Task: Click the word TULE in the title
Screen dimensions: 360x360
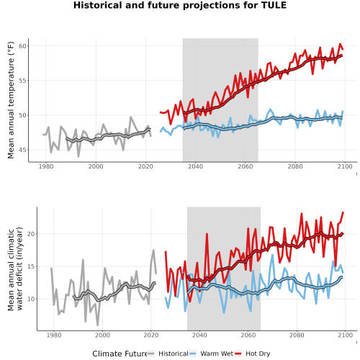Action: (274, 5)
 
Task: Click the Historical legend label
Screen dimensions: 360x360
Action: (174, 354)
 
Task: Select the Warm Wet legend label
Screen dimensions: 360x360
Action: (217, 354)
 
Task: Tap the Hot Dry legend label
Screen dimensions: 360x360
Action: (258, 354)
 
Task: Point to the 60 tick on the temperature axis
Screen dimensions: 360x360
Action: (22, 46)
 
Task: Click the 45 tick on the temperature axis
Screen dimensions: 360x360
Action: (22, 150)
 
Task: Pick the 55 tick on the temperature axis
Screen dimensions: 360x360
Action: (22, 81)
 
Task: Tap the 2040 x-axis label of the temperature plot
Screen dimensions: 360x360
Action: (195, 166)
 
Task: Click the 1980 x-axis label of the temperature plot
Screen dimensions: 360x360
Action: (46, 166)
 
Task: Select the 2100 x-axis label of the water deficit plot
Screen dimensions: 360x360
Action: (345, 335)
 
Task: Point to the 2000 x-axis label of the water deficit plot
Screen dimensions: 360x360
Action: (102, 335)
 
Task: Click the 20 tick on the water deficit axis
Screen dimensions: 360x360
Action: (31, 234)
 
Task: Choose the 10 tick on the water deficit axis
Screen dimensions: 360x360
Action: (31, 299)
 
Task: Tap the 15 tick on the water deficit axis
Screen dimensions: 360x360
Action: (31, 266)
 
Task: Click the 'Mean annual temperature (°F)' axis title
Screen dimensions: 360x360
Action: (11, 100)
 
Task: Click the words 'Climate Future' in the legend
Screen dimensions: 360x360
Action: (120, 354)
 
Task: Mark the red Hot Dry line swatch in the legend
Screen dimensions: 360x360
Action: (238, 354)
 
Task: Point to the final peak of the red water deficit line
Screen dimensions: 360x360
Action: (343, 212)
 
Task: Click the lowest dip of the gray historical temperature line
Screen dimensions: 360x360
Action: (78, 156)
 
